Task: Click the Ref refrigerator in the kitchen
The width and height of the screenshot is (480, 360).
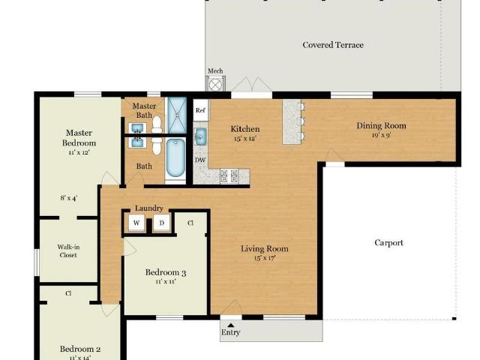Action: point(201,110)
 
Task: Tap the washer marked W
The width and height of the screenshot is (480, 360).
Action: point(136,223)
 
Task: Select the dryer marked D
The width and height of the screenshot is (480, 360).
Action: point(162,223)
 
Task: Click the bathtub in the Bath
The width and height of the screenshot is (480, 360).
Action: point(175,158)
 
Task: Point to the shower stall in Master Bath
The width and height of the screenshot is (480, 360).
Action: point(177,115)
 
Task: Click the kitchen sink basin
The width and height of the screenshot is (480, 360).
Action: point(200,136)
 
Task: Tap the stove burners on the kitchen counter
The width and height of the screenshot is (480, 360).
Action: point(229,176)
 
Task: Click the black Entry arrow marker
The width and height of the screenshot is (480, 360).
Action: point(231,325)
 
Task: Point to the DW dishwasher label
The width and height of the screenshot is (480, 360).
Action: point(200,160)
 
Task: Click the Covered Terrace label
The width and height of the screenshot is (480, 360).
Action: point(333,45)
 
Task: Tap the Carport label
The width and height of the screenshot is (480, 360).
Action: point(388,243)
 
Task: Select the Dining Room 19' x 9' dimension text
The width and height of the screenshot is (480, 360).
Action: point(381,135)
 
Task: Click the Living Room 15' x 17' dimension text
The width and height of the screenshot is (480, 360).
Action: point(265,258)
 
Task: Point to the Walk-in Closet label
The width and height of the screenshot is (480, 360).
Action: point(68,251)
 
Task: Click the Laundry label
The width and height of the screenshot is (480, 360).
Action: point(148,208)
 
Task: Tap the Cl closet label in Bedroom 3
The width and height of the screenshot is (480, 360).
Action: point(190,223)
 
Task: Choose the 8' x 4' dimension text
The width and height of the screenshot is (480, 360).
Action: point(69,198)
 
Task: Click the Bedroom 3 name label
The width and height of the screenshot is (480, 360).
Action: point(166,272)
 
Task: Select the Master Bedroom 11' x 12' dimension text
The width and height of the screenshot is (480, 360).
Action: point(79,152)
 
